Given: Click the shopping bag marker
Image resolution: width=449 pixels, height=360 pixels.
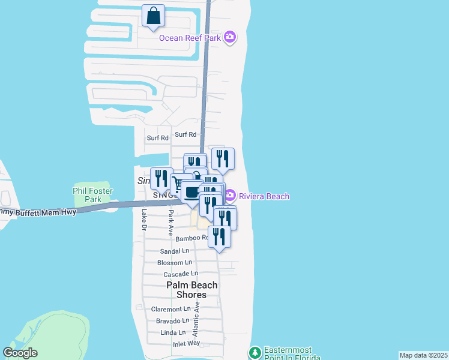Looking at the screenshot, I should pos(153,16).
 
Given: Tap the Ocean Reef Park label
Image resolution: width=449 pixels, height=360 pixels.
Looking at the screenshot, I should pos(190,38).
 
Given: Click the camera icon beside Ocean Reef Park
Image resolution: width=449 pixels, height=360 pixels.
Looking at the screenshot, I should pos(229,38).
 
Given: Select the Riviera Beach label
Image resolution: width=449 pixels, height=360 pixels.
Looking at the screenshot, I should pos(264,196).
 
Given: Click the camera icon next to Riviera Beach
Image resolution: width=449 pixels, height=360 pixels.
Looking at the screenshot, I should pos(230,196).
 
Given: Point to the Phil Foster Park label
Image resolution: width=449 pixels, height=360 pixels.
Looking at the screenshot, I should pos(93,195).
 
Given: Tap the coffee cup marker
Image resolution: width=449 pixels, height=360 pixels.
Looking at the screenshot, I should pos(191,193).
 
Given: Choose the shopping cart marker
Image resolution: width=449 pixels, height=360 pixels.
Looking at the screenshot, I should pos(178,183).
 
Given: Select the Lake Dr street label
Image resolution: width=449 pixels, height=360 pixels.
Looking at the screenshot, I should pos(143,219).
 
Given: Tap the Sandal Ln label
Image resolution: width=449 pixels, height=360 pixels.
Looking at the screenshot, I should pos(175,251).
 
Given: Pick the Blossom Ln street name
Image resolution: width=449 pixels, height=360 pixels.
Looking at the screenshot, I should pos(174,263).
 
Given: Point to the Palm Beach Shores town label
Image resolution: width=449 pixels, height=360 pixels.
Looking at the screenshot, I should pos(191,290).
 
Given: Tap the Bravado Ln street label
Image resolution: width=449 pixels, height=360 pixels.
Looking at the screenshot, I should pos(172,320).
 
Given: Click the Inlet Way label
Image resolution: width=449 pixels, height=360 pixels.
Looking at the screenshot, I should pos(185,343).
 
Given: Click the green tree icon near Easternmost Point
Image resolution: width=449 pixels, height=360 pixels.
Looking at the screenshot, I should pos(255,352).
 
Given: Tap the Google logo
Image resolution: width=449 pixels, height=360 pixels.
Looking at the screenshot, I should pos(20,353).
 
